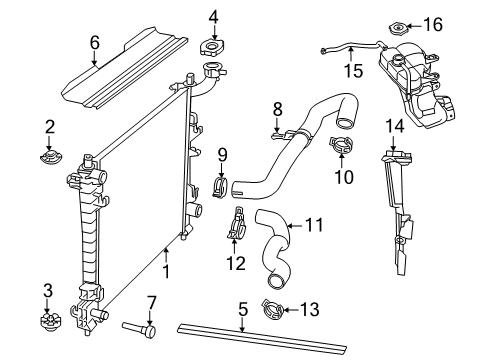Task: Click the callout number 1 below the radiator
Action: tap(166, 268)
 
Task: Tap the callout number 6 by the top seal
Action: tap(95, 43)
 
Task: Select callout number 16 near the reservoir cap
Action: tap(434, 23)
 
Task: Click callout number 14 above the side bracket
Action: tap(396, 125)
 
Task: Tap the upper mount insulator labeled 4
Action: tap(214, 48)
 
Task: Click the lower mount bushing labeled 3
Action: tap(47, 324)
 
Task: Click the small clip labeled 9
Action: tap(222, 187)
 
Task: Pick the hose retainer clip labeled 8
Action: tap(282, 130)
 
